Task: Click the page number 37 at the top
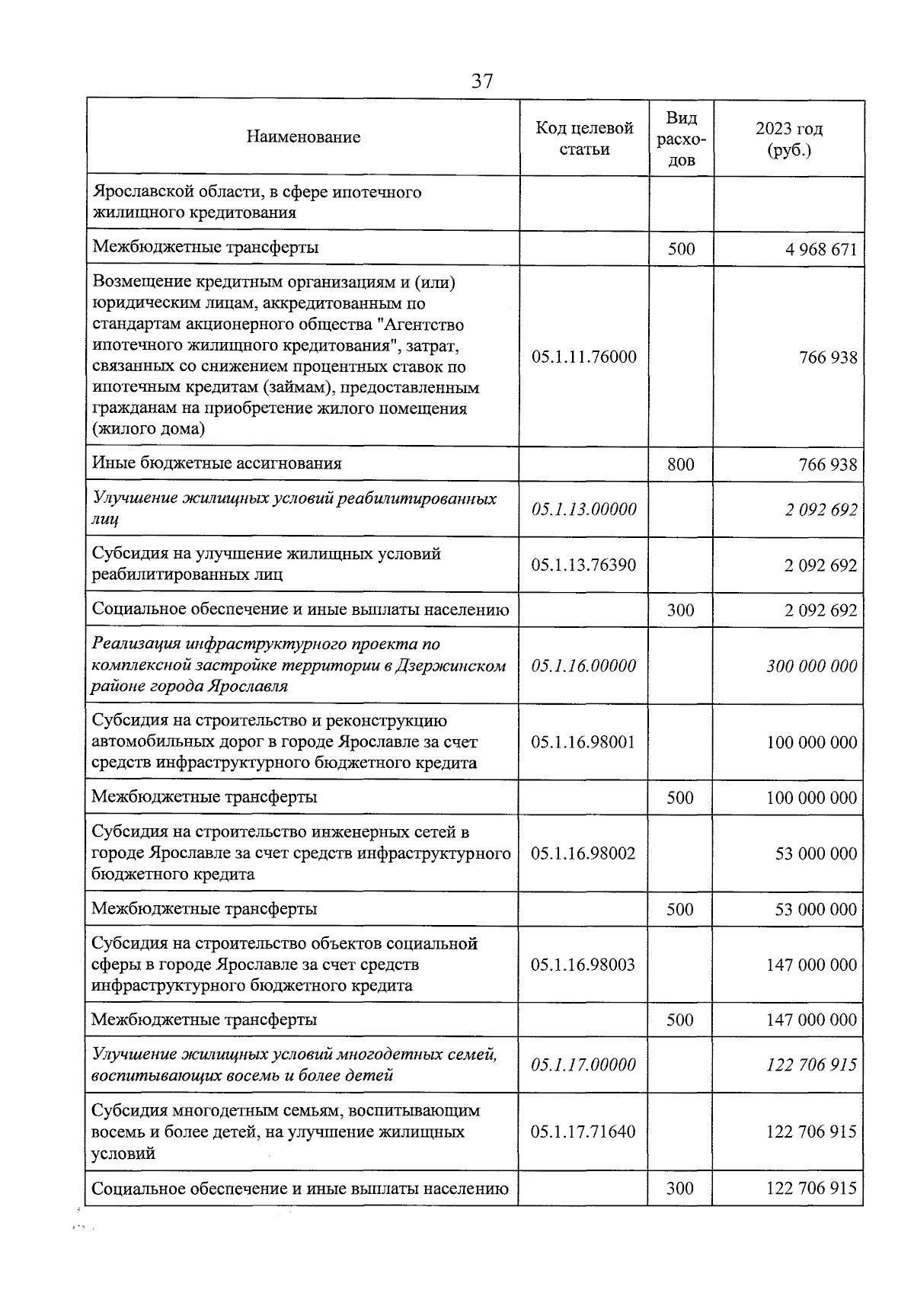pos(482,82)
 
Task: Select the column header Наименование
pos(303,137)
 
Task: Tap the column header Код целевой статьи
pos(584,138)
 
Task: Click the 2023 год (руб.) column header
pos(789,139)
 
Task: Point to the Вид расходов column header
pos(681,139)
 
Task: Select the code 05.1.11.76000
pos(584,357)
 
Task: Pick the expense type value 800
pos(680,464)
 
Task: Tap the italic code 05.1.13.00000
pos(584,509)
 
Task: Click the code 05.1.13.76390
pos(584,565)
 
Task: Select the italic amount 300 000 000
pos(812,666)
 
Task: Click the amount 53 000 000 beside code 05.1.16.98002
pos(816,853)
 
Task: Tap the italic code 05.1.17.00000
pos(584,1064)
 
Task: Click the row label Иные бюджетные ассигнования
pos(217,463)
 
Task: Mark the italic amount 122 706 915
pos(812,1064)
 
